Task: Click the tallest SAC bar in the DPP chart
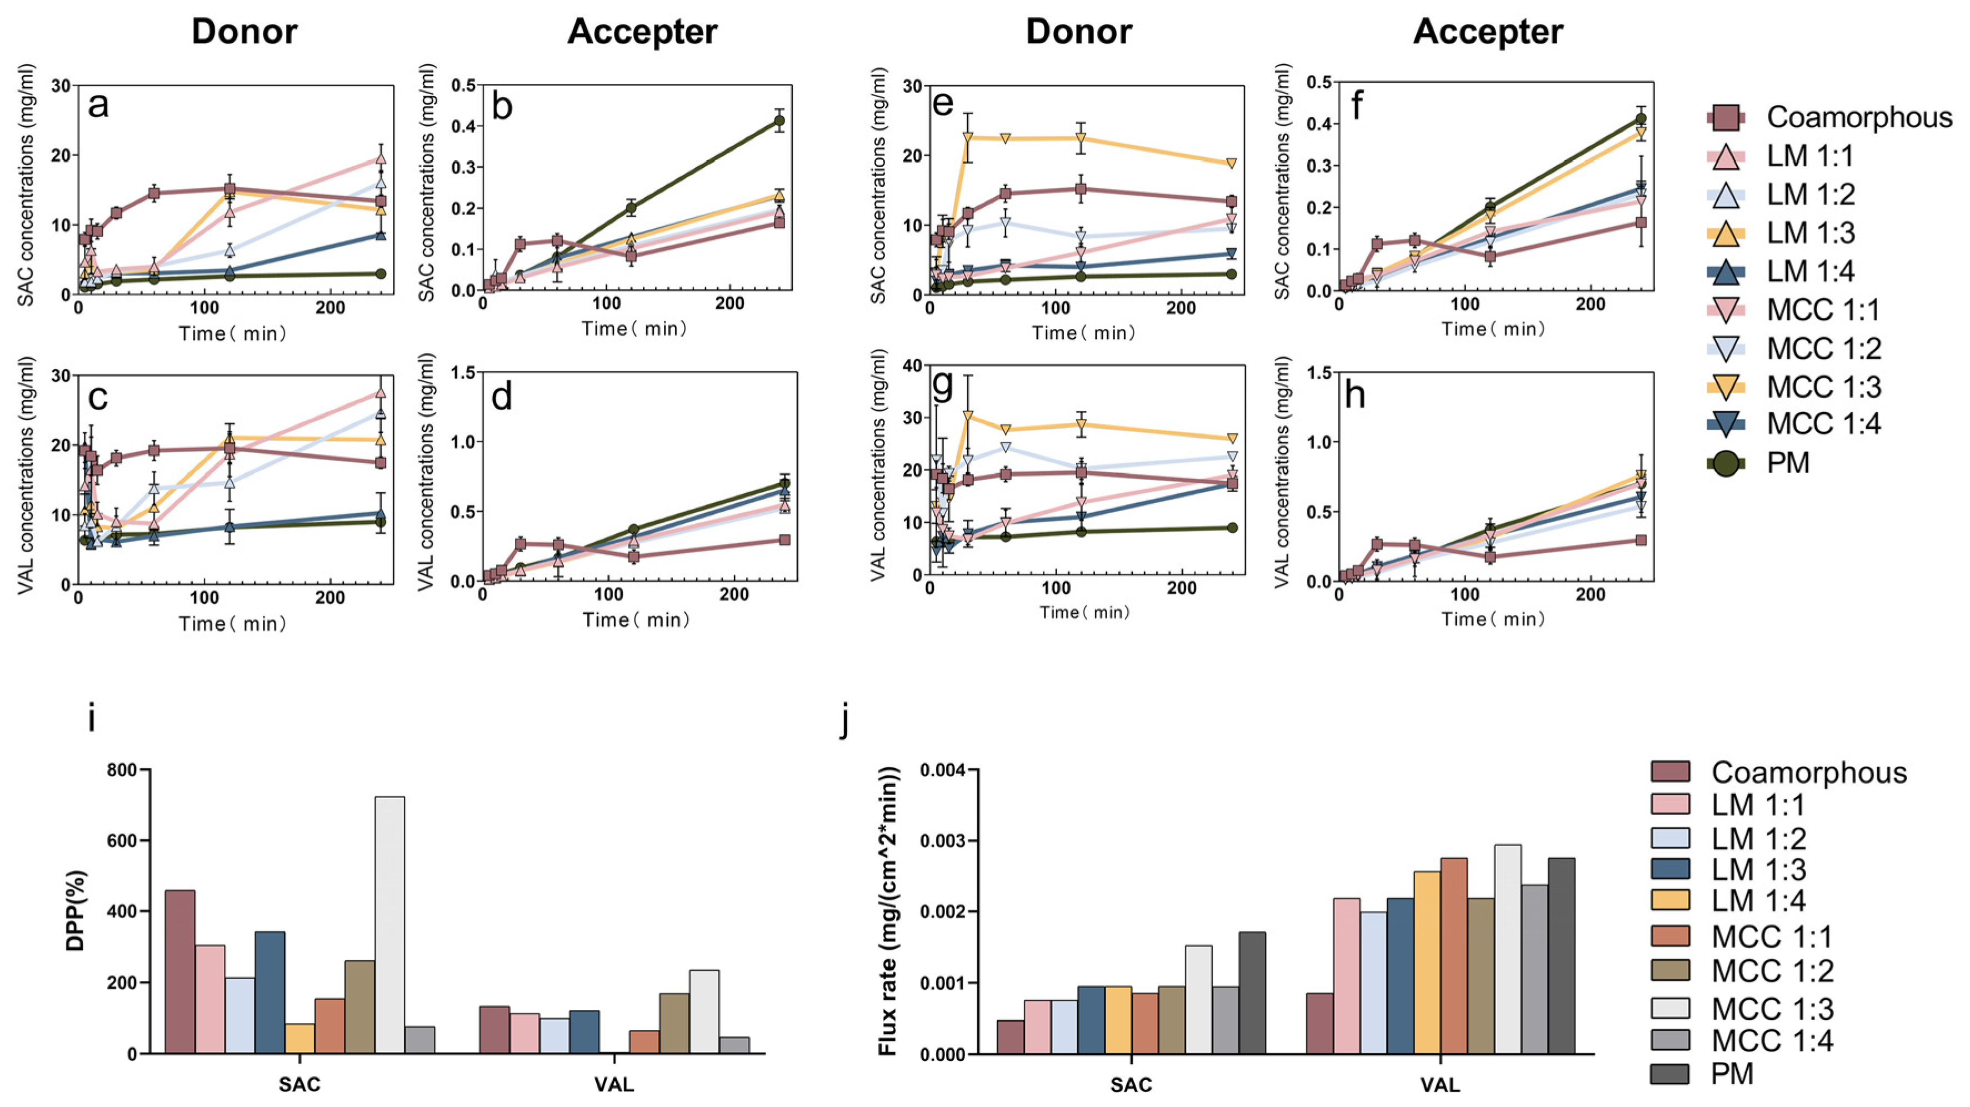[x=389, y=925]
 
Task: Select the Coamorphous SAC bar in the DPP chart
[x=179, y=971]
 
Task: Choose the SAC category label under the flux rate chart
[x=1131, y=1084]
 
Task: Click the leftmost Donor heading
[x=244, y=32]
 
